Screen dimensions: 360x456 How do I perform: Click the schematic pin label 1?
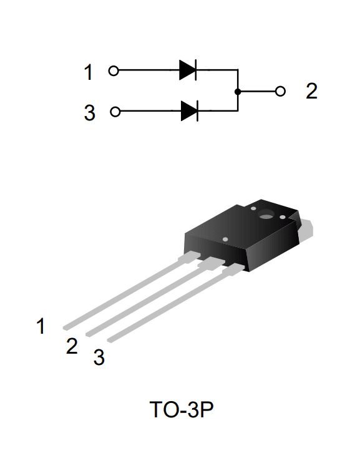click(89, 72)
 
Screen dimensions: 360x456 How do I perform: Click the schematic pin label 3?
click(90, 113)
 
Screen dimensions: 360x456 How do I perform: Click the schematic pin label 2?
click(311, 91)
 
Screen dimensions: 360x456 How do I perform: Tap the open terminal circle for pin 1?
click(114, 70)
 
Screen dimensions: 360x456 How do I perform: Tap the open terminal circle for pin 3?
click(115, 112)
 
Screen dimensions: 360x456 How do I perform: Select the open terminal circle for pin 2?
click(280, 91)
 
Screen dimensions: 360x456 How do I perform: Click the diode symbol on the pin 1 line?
click(188, 70)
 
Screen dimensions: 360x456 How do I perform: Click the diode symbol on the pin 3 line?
click(190, 111)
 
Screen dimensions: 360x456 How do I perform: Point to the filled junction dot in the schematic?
click(238, 92)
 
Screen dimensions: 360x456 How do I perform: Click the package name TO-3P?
click(182, 409)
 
